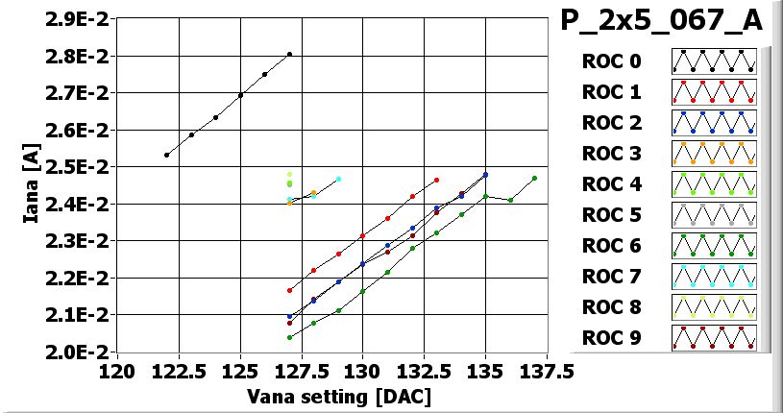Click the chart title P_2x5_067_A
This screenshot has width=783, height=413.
coord(662,21)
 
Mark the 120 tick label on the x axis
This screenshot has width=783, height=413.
coord(117,371)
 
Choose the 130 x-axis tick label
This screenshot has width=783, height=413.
coord(362,371)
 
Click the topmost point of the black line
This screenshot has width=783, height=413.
coord(289,55)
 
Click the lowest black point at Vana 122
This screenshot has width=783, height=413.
coord(166,155)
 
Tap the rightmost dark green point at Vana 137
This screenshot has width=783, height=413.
coord(534,178)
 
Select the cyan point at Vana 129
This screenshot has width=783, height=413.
coord(338,179)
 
